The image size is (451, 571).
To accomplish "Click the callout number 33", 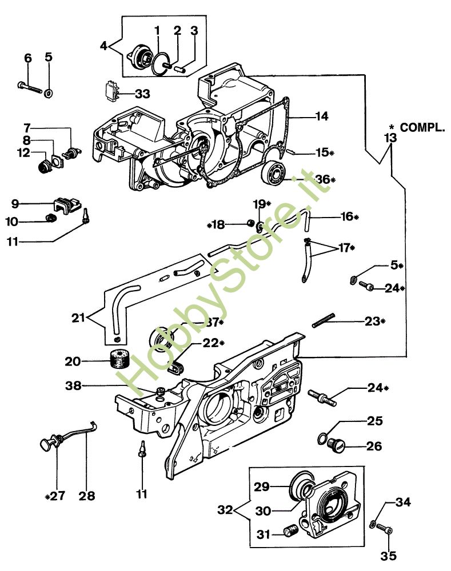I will click(x=142, y=93).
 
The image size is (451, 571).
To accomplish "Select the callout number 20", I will click(x=74, y=361).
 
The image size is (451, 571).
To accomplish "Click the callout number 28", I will click(x=87, y=496).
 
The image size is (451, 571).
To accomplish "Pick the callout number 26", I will click(x=374, y=446).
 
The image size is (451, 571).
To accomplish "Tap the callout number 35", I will click(x=389, y=555).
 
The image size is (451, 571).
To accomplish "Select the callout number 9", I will click(x=15, y=203).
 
